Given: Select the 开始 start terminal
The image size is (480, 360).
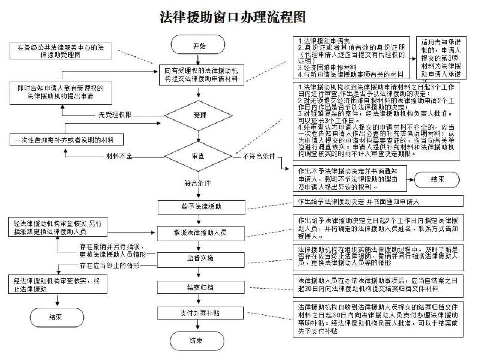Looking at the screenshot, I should click(199, 45).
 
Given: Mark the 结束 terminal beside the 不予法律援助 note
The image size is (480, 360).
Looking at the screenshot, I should click(437, 179).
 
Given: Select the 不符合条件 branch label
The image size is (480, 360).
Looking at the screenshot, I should click(259, 156).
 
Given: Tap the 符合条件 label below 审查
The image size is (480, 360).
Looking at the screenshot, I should click(191, 182).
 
